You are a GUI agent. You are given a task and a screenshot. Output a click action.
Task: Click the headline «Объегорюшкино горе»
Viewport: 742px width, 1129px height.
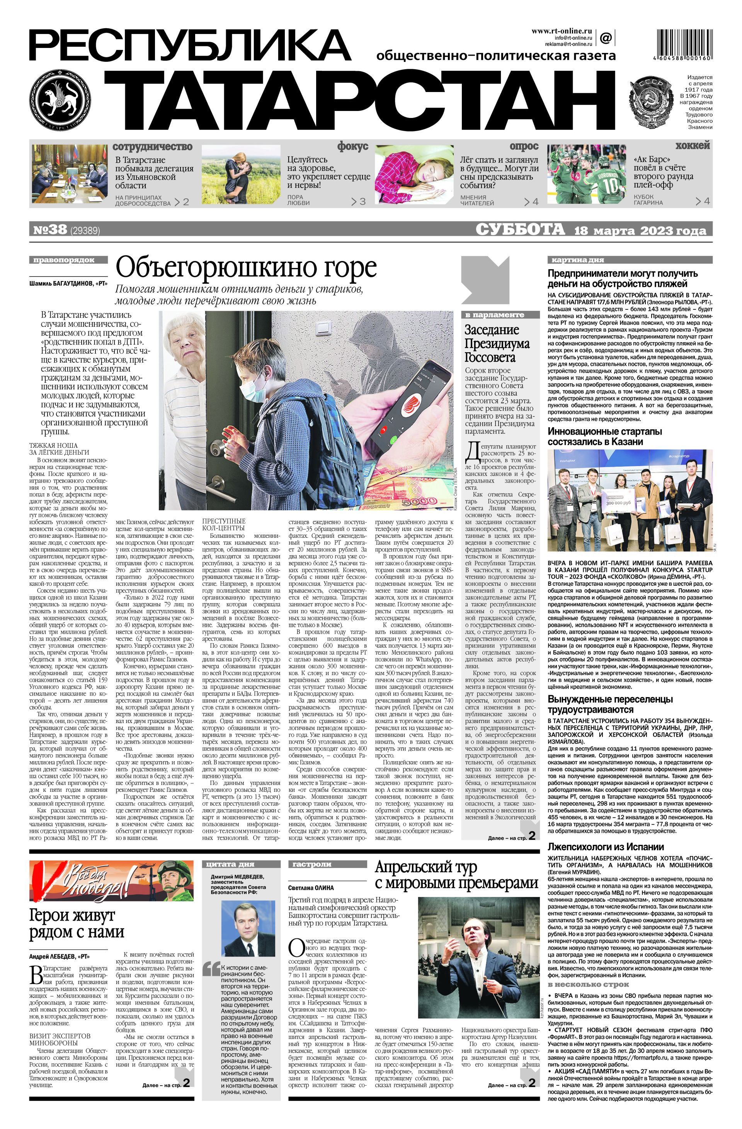pos(246,268)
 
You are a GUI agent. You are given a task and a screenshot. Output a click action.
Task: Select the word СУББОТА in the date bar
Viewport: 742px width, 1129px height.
pos(520,230)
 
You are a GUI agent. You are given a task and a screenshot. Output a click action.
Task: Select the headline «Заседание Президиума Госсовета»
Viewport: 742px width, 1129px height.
pos(492,343)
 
